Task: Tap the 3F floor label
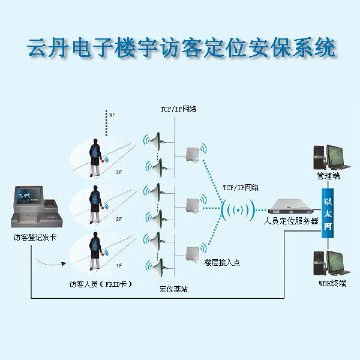tap(119, 172)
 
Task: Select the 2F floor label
tap(119, 220)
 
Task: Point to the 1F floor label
tap(119, 265)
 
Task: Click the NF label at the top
tap(112, 113)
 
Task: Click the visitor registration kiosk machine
tap(35, 208)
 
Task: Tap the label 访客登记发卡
tap(35, 238)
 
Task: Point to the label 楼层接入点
tap(222, 262)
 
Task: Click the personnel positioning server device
tap(291, 208)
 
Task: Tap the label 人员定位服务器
tap(291, 221)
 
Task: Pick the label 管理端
tap(328, 176)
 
